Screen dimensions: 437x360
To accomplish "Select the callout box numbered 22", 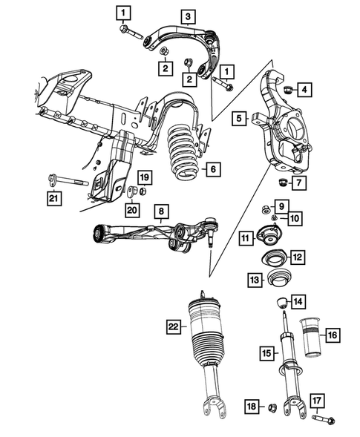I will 173,325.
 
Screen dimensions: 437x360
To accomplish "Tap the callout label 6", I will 212,170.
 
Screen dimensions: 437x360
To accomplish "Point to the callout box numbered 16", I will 332,335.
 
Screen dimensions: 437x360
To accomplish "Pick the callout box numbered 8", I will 160,211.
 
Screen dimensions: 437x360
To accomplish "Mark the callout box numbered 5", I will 238,117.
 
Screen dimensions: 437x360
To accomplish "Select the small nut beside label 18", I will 272,407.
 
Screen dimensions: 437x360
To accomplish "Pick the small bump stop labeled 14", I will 282,303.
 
